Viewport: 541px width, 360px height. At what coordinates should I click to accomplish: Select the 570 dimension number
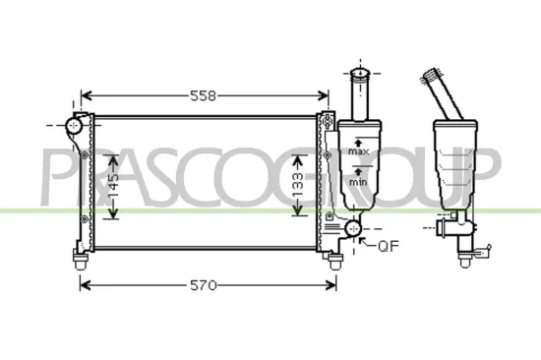coord(202,285)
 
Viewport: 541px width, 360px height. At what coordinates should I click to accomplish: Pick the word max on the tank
coord(359,152)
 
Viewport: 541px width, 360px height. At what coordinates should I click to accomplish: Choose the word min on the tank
coord(359,182)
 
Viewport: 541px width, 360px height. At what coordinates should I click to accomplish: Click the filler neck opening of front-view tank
coord(359,74)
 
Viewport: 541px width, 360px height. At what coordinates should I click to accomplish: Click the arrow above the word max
coord(359,141)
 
